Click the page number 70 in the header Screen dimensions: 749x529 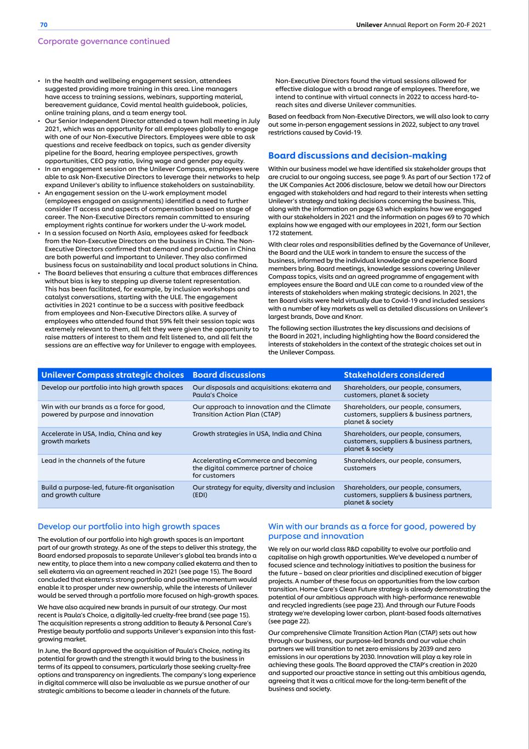[44, 25]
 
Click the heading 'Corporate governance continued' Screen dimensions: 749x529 [104, 41]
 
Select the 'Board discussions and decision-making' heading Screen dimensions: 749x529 [357, 156]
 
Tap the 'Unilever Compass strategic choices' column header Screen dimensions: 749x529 [112, 375]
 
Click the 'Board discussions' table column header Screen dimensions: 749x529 [229, 375]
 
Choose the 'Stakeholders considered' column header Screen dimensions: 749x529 [394, 375]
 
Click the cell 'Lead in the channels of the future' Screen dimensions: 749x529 [93, 460]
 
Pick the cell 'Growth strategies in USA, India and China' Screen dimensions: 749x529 [257, 433]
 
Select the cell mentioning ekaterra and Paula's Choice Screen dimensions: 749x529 [261, 391]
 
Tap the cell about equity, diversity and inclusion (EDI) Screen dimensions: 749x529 [263, 491]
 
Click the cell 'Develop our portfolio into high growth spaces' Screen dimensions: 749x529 [112, 387]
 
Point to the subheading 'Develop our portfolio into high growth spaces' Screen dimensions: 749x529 [129, 526]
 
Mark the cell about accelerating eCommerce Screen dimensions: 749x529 [254, 468]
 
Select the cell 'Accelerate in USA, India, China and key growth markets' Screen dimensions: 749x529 [101, 437]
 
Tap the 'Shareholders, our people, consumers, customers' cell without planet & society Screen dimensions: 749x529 [402, 464]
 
